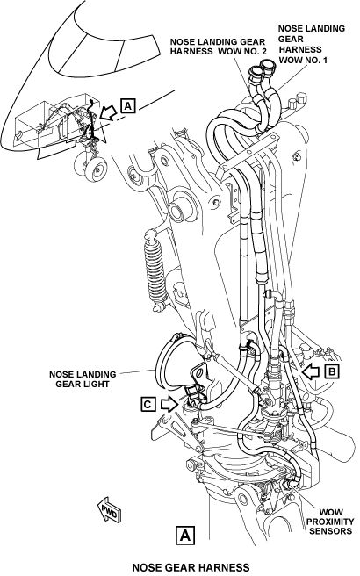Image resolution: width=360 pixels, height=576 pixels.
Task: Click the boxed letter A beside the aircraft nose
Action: coord(128,105)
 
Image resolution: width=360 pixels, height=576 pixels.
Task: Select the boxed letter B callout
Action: coord(332,371)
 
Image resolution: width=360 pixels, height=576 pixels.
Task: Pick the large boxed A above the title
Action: coord(185,536)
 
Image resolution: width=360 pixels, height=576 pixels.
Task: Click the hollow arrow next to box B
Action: coord(310,371)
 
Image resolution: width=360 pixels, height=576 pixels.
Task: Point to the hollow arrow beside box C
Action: coord(169,405)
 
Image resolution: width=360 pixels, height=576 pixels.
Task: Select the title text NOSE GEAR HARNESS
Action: coord(191,567)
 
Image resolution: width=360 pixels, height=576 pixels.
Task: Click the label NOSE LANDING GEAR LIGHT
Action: coord(83,379)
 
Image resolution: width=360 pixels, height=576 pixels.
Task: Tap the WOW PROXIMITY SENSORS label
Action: coord(330,522)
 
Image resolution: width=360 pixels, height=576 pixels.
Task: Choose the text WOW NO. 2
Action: coord(243,52)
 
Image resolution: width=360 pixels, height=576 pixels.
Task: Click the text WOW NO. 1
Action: coord(303,60)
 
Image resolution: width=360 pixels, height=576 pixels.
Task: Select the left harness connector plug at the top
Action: coord(255,75)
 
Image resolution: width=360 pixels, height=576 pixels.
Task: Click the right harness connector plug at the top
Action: coord(270,68)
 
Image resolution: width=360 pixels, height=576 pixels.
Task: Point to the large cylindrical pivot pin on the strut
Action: coord(181,211)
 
